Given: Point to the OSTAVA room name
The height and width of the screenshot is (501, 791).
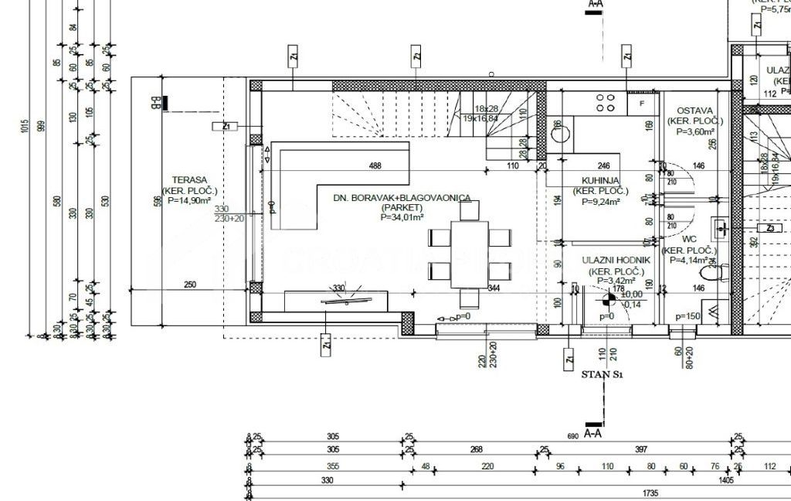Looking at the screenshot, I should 694,111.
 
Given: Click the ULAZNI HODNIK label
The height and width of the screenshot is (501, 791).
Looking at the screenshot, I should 616,261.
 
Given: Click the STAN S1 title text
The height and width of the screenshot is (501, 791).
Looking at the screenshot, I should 602,375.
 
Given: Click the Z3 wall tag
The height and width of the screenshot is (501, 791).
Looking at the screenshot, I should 769,229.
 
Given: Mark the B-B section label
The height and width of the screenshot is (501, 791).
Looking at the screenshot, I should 155,101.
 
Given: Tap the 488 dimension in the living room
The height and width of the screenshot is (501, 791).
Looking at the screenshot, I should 375,165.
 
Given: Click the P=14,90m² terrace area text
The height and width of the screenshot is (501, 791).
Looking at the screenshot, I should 189,201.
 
